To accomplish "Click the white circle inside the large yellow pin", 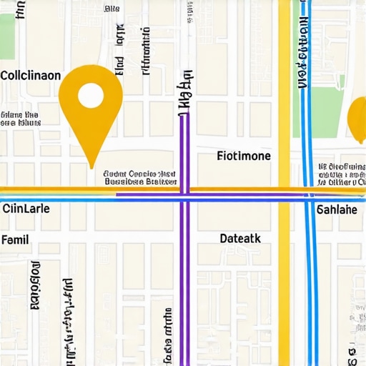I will pos(90,96).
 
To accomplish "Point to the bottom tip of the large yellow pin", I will pos(91,167).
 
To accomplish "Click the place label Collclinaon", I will pos(31,75).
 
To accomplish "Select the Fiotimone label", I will pos(243,156).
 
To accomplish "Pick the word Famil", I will pos(15,239).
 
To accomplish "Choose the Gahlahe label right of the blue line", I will pos(337,209).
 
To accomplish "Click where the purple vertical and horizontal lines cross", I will pos(184,194).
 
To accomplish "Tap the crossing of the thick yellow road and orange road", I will pos(285,191).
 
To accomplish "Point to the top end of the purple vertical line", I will pos(184,114).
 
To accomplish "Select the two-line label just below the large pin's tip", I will pos(140,178).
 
